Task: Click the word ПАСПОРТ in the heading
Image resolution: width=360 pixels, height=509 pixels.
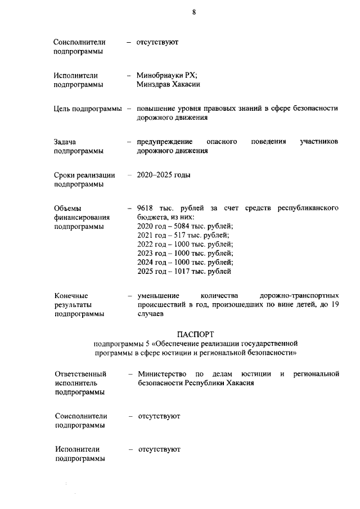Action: (196, 335)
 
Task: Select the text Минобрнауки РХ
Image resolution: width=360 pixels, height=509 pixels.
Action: (167, 75)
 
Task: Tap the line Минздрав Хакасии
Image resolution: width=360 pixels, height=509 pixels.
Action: (169, 85)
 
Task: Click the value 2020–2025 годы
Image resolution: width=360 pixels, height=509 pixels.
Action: (164, 175)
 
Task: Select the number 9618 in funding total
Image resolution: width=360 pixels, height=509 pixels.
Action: (146, 208)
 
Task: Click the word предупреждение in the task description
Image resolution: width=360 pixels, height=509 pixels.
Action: (165, 142)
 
